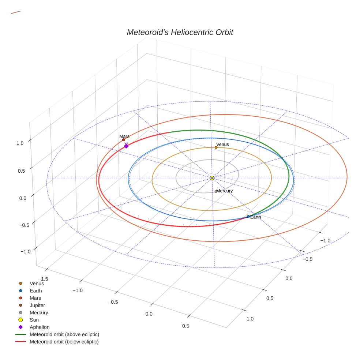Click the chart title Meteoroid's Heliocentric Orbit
tap(180, 32)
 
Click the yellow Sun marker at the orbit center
tap(212, 178)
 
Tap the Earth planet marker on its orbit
tap(248, 217)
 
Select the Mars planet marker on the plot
tap(124, 140)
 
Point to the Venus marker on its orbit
tap(216, 147)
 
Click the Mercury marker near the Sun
tap(216, 191)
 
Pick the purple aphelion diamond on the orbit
tap(126, 146)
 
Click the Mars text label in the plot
tap(124, 136)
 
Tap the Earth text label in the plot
tap(256, 217)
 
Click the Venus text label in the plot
tap(222, 145)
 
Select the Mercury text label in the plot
tap(225, 191)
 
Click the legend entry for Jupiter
tap(37, 305)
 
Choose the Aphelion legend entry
tap(40, 327)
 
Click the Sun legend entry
tap(34, 320)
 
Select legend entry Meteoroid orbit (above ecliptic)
tap(64, 334)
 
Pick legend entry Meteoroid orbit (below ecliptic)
tap(64, 342)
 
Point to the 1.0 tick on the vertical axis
tap(20, 143)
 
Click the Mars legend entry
tap(35, 298)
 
